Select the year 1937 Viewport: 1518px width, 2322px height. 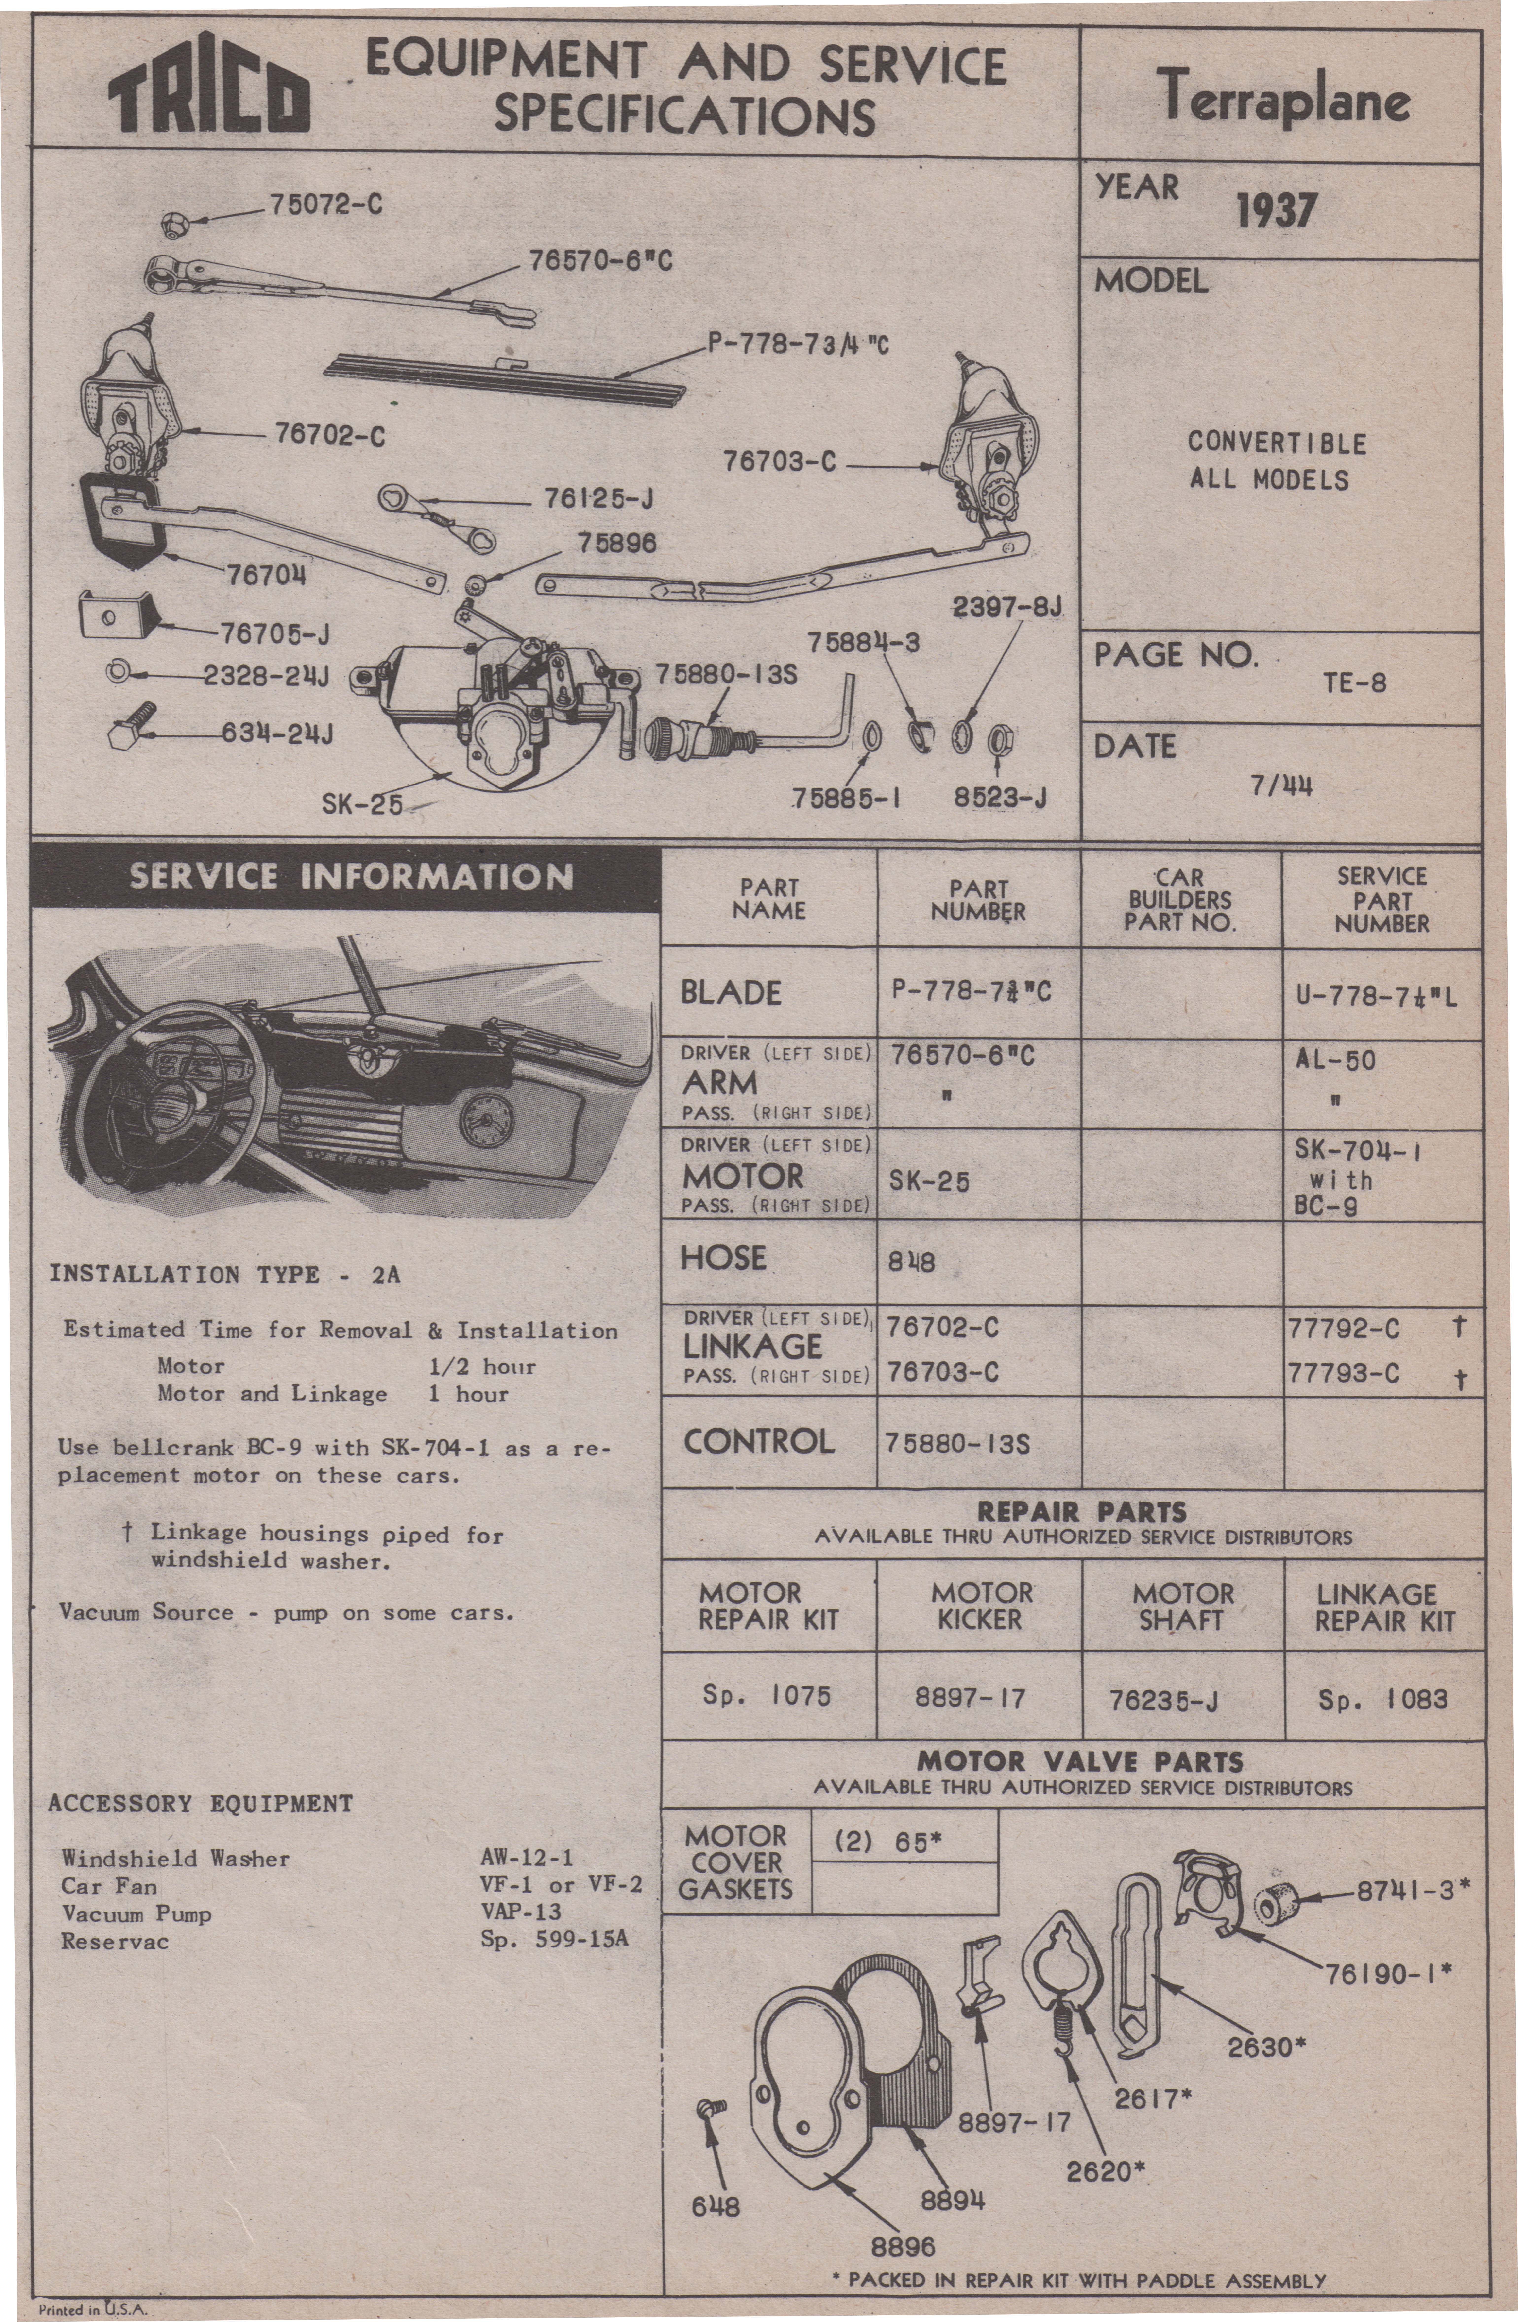coord(1276,210)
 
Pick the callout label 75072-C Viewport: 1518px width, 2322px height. coord(325,205)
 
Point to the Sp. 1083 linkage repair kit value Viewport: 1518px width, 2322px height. coord(1382,1699)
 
